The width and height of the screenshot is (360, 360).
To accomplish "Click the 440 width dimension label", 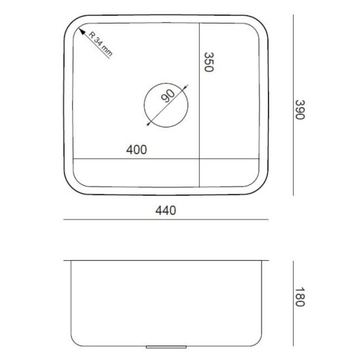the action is tap(166, 210).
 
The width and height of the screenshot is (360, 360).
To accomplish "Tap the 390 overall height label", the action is tap(300, 110).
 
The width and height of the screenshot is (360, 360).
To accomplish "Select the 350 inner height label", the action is tap(209, 62).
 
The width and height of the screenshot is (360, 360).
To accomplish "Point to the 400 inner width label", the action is tap(137, 150).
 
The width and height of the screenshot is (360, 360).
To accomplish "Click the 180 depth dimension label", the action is tap(300, 297).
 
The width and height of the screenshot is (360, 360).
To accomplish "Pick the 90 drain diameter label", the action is tap(168, 96).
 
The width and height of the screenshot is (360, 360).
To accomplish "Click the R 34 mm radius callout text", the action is tap(101, 44).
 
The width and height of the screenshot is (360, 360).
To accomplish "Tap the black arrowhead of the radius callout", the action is tap(82, 32).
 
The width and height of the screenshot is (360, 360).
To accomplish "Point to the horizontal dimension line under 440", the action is tap(166, 219).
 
